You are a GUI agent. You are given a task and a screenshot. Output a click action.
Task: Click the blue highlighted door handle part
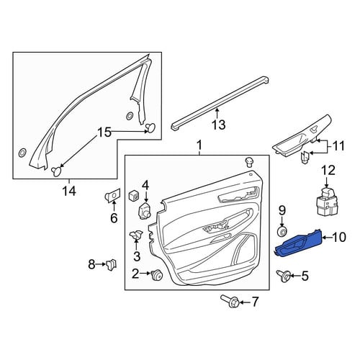(298, 244)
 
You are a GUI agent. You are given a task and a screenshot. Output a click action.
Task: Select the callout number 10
(338, 237)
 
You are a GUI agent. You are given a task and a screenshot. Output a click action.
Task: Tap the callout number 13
(219, 125)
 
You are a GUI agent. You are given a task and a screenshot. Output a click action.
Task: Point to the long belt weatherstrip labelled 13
(220, 103)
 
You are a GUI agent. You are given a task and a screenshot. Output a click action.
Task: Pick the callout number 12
(328, 170)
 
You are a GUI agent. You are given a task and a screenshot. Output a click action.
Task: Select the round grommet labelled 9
(282, 231)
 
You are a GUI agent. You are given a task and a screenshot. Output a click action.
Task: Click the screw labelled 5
(284, 276)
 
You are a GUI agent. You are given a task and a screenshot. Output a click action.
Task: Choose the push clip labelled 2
(157, 275)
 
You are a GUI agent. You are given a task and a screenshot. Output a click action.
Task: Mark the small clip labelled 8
(111, 264)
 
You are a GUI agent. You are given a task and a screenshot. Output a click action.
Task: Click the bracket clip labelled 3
(136, 234)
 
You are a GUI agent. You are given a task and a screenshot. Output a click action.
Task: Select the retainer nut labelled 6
(112, 197)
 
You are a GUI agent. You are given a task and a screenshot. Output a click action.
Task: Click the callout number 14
(69, 192)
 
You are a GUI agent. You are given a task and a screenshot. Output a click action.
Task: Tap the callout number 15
(104, 132)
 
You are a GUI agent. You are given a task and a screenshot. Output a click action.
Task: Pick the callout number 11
(338, 146)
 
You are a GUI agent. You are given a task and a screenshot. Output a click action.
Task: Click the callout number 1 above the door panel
(199, 145)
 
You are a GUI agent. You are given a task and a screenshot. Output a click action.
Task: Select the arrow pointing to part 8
(100, 264)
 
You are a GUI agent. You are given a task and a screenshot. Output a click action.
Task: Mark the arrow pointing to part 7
(244, 302)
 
